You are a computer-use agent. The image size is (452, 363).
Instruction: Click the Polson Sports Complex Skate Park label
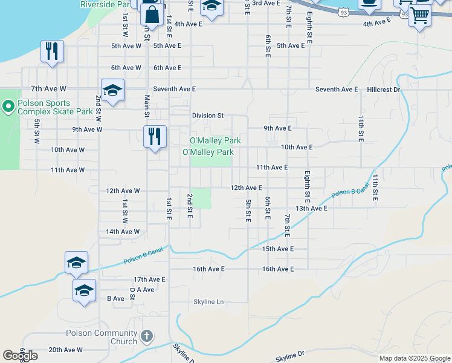pyautogui.click(x=56, y=107)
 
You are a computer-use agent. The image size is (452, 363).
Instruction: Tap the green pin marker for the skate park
pyautogui.click(x=8, y=108)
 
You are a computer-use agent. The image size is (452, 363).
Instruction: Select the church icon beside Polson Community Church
pyautogui.click(x=146, y=336)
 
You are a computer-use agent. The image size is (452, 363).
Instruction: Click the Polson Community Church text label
pyautogui.click(x=102, y=337)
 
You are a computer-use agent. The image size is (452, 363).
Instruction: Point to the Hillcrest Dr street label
pyautogui.click(x=384, y=90)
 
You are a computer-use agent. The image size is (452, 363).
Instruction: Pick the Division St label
pyautogui.click(x=208, y=116)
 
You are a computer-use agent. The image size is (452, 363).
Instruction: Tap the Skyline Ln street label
pyautogui.click(x=208, y=301)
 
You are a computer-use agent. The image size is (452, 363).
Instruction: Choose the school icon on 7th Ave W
pyautogui.click(x=112, y=91)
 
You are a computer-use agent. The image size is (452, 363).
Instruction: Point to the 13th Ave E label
pyautogui.click(x=311, y=208)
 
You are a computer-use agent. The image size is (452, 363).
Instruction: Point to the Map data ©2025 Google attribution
pyautogui.click(x=414, y=358)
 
